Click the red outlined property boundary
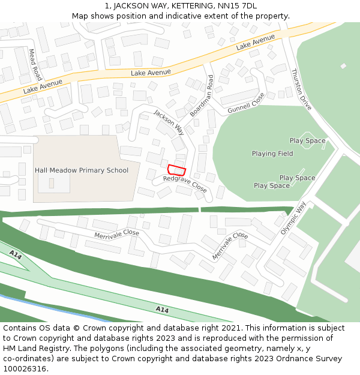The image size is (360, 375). pos(177,170)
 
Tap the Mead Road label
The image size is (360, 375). pos(36,65)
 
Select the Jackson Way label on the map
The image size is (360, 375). pos(169,121)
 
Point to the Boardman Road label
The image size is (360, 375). pos(202,96)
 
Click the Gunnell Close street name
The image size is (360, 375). pos(246,107)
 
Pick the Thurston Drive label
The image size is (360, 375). pos(301,89)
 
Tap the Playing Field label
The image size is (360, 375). pos(272,154)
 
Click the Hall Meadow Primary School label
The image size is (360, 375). pos(82,170)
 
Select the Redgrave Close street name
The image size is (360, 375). pos(185,184)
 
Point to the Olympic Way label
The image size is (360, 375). pos(293,218)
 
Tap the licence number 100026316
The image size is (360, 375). pos(25,369)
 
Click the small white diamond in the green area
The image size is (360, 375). pos(343,66)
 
